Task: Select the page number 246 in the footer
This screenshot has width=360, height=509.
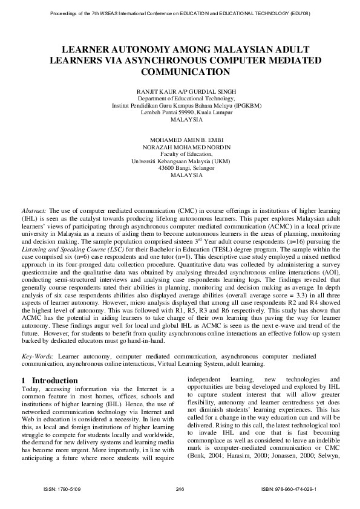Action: pos(179,488)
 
